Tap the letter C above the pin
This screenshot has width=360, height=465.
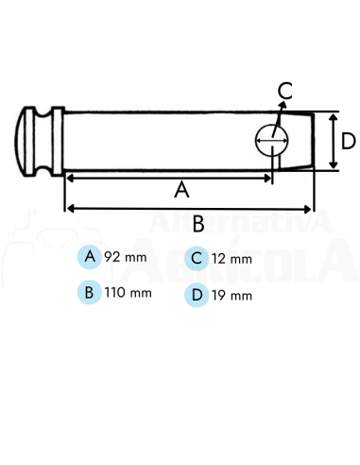(285, 92)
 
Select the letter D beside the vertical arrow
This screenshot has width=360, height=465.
(348, 142)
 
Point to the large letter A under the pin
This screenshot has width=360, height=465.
(182, 189)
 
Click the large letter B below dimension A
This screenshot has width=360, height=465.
(198, 224)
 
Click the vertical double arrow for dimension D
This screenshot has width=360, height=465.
(333, 142)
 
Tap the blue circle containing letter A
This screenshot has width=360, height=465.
(90, 257)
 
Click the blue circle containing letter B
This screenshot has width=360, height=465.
(90, 292)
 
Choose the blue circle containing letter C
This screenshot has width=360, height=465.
(196, 258)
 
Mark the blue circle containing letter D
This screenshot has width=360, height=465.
(196, 294)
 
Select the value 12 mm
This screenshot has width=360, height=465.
(231, 258)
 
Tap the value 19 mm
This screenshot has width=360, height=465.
(231, 295)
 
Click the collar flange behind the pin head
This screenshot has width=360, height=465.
(58, 142)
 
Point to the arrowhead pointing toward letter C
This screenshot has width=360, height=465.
(281, 108)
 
